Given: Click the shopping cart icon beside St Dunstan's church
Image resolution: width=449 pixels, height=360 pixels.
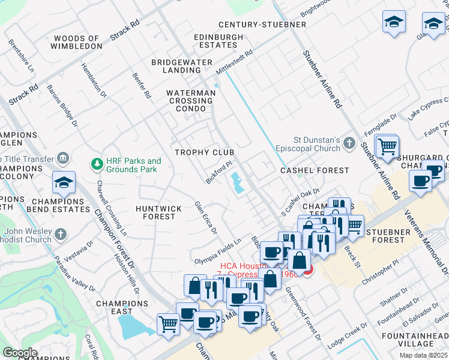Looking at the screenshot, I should [x=387, y=145].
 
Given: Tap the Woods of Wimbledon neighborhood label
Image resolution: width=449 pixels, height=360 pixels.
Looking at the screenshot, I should [x=78, y=42].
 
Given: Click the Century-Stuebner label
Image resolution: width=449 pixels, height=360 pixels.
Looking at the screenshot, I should [x=262, y=25].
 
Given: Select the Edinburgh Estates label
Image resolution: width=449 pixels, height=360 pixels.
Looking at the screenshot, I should [x=218, y=41].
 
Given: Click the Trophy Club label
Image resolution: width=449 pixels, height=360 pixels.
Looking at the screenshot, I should [x=204, y=152].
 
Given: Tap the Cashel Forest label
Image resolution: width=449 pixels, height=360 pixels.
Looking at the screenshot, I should [x=315, y=171].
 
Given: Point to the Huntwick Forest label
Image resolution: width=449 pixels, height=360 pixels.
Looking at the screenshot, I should [x=158, y=212].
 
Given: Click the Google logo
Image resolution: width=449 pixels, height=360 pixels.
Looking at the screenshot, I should [x=20, y=352].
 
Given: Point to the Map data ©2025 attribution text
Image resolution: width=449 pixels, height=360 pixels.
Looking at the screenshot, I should [x=424, y=355].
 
